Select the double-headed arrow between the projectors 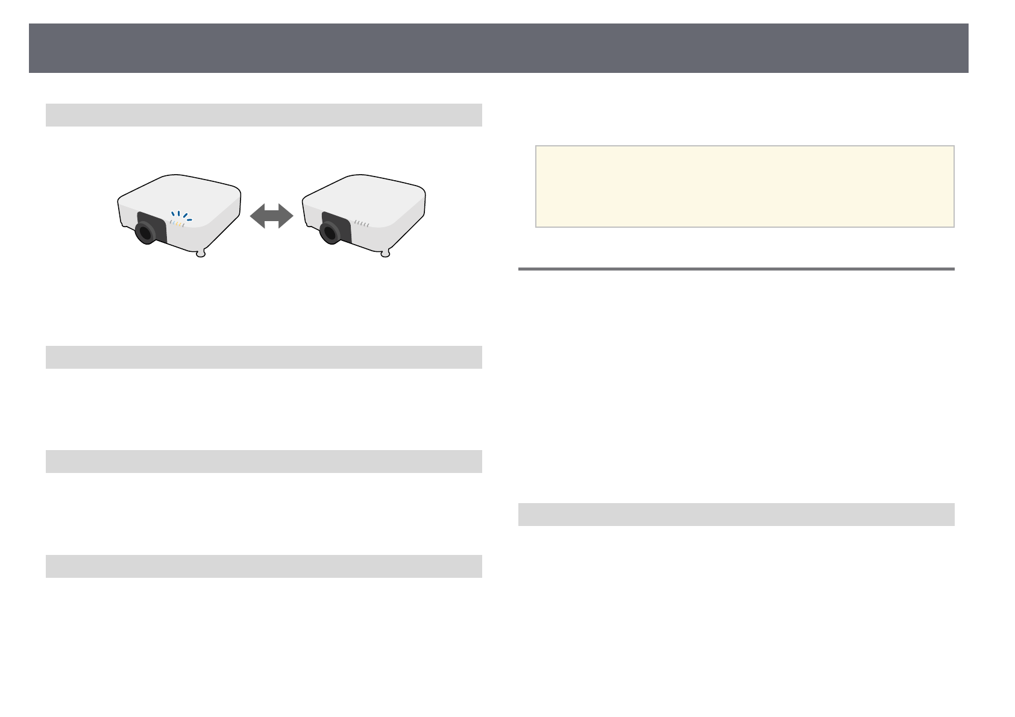(x=272, y=216)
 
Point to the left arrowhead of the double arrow (x=257, y=216)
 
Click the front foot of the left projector (x=201, y=254)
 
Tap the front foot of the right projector (x=386, y=254)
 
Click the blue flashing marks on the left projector (x=180, y=215)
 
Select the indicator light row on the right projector (x=362, y=224)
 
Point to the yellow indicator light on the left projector (x=178, y=224)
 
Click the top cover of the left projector (x=181, y=193)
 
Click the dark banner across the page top (x=498, y=48)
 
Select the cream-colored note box (x=744, y=186)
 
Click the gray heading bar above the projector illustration (x=263, y=115)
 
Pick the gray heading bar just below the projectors (x=263, y=357)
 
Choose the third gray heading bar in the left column (x=263, y=462)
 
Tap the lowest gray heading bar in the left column (x=263, y=566)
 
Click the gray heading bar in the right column (x=736, y=515)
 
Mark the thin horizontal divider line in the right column (x=736, y=269)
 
